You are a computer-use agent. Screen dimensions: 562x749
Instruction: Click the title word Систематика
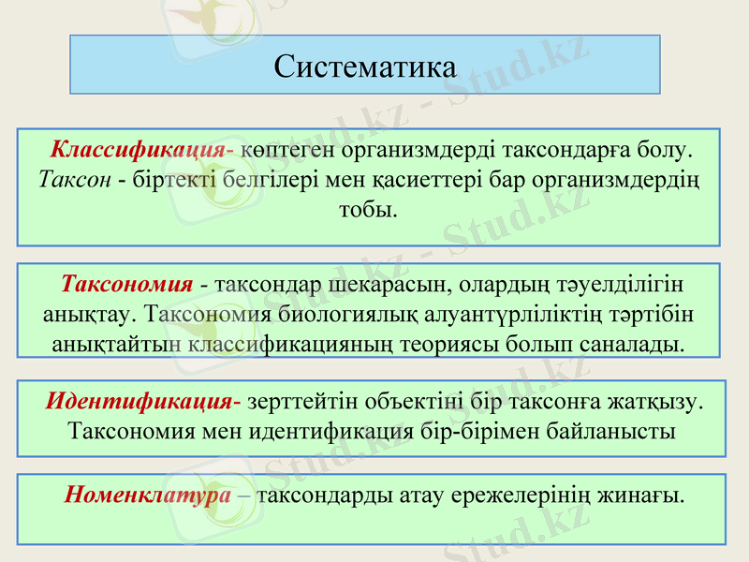(365, 67)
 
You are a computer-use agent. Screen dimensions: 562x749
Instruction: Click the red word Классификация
(137, 149)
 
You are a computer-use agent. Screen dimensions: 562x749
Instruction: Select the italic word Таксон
(75, 178)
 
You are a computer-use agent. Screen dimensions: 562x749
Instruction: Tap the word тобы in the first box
(367, 207)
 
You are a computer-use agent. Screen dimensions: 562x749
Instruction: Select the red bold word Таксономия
(126, 283)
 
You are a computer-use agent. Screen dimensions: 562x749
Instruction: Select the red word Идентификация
(139, 402)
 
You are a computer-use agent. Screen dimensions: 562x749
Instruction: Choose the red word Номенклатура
(148, 494)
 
